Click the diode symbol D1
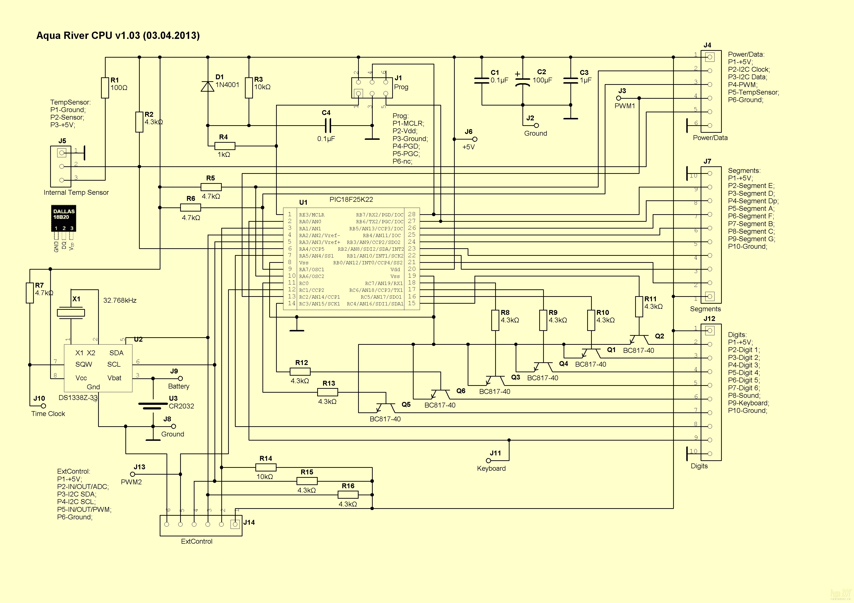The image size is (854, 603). click(x=208, y=86)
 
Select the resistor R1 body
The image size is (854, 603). click(x=105, y=88)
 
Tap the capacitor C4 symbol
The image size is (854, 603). click(x=327, y=125)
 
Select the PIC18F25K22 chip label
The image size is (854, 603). click(x=351, y=200)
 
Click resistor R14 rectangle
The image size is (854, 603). click(x=266, y=467)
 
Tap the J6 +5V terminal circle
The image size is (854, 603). click(x=475, y=139)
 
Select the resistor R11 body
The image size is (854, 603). click(x=639, y=307)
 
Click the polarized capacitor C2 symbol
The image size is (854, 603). click(x=523, y=81)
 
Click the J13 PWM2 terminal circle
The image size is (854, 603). click(x=132, y=474)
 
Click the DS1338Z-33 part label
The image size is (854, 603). click(x=78, y=398)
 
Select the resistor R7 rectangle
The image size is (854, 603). click(x=30, y=293)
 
